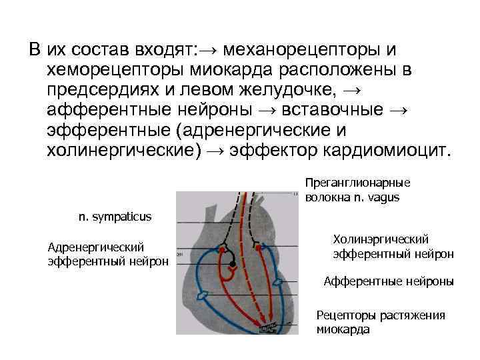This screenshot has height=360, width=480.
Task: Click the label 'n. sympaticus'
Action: [x=115, y=217]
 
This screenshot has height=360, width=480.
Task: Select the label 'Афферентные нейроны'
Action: [x=389, y=282]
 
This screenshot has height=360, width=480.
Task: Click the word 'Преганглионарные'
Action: [x=357, y=182]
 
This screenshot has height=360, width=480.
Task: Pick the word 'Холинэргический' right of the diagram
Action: [x=381, y=239]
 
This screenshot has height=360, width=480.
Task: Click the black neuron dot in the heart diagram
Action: [x=232, y=265]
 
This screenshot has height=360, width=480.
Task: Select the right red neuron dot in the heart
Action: [x=258, y=247]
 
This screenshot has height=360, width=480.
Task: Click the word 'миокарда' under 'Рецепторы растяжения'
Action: [x=343, y=329]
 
